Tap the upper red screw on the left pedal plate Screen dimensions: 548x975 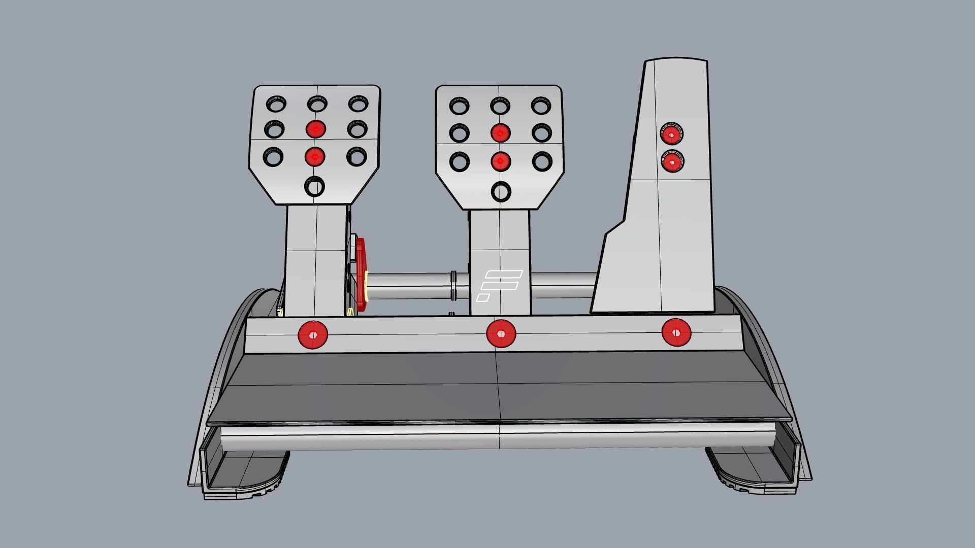pyautogui.click(x=316, y=129)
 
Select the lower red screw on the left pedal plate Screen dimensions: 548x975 pyautogui.click(x=315, y=157)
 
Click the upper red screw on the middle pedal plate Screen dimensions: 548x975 pyautogui.click(x=500, y=133)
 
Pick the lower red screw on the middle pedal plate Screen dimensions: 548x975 pyautogui.click(x=500, y=161)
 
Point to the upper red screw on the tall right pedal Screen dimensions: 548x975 pyautogui.click(x=671, y=134)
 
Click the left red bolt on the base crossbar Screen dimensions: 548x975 pyautogui.click(x=313, y=335)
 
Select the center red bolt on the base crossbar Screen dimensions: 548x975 pyautogui.click(x=501, y=334)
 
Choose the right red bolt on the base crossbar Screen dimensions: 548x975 pyautogui.click(x=676, y=332)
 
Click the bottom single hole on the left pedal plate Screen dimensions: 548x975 pyautogui.click(x=314, y=187)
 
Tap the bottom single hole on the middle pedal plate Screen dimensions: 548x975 pyautogui.click(x=501, y=192)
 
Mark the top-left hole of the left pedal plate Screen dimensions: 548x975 pyautogui.click(x=276, y=104)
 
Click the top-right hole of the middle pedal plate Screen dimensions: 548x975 pyautogui.click(x=541, y=106)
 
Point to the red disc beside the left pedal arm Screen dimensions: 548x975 pyautogui.click(x=361, y=274)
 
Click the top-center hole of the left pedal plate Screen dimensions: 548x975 pyautogui.click(x=317, y=105)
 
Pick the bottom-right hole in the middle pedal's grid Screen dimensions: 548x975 pyautogui.click(x=541, y=161)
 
